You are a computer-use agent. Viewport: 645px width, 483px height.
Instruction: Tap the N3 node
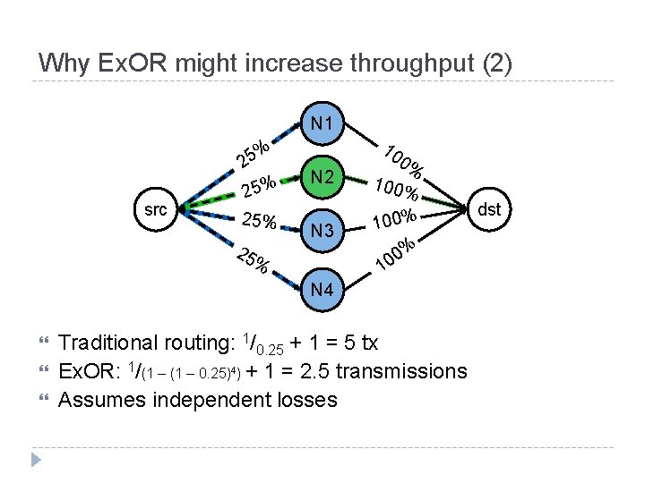tap(322, 231)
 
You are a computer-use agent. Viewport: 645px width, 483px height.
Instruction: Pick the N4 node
tap(322, 290)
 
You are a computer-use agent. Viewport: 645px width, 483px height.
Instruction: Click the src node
tap(156, 210)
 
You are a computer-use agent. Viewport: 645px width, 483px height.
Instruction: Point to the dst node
tap(489, 210)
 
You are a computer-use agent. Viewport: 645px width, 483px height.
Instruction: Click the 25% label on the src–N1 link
tap(254, 154)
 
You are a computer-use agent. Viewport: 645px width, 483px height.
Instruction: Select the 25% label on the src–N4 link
tap(253, 258)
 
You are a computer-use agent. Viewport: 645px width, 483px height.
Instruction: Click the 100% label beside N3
tap(395, 218)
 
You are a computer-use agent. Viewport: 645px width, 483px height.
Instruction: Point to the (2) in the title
tap(496, 64)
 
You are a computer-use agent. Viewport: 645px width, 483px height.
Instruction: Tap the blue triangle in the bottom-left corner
tap(36, 461)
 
